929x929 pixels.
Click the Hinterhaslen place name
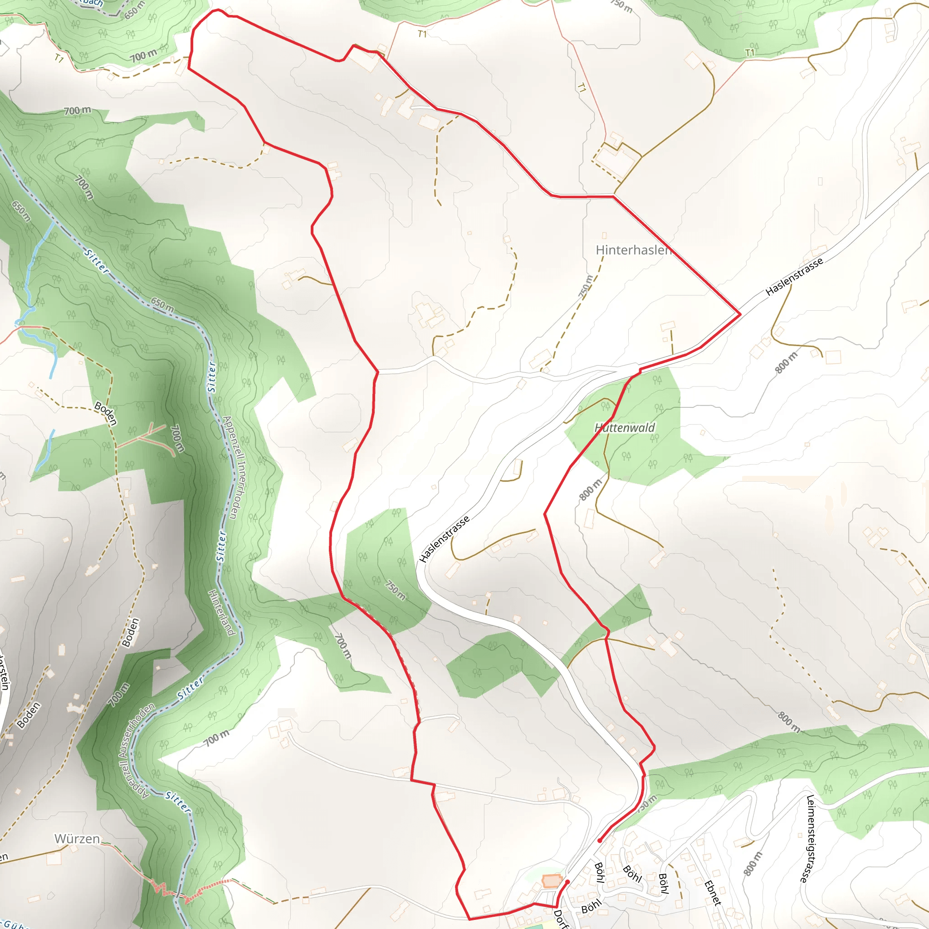633,250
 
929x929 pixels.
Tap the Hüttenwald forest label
624,427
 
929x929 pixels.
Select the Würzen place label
77,839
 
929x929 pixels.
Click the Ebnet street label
712,893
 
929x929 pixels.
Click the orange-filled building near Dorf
552,881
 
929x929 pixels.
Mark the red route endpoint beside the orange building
567,882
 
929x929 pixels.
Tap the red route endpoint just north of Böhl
600,841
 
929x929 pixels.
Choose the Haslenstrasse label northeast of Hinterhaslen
794,277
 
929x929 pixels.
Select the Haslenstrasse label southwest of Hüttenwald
444,539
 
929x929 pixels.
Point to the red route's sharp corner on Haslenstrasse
739,314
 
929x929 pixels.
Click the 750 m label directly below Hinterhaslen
585,287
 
